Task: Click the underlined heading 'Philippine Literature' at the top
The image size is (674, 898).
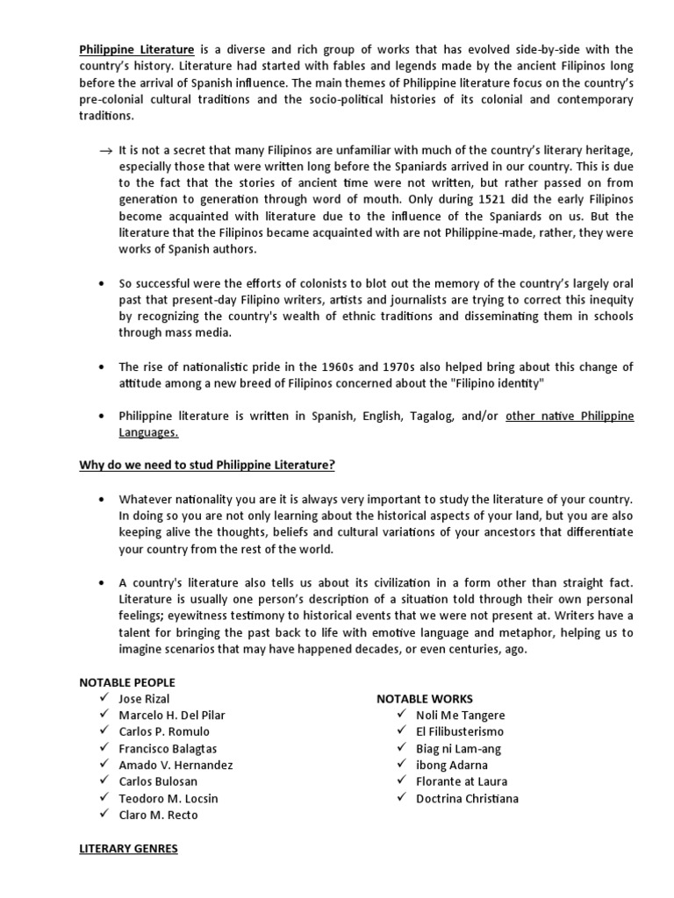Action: tap(136, 49)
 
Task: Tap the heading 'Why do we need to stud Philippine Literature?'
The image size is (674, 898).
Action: tap(207, 465)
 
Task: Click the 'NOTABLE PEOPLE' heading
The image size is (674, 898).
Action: tap(127, 682)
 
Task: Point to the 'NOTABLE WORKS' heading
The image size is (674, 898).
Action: tap(425, 699)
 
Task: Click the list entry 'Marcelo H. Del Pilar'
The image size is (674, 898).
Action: tap(171, 716)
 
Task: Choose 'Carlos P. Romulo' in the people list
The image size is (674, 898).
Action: tap(164, 732)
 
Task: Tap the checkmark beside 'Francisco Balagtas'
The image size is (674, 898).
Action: tap(104, 748)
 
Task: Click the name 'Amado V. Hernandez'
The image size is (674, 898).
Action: tap(176, 765)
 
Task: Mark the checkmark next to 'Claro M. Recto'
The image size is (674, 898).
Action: tap(104, 815)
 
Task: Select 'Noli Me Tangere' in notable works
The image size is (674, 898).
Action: tap(460, 716)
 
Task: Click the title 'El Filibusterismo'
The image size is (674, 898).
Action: tap(460, 731)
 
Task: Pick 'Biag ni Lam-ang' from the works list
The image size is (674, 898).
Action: tap(458, 749)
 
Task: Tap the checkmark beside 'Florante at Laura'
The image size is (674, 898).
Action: tap(401, 781)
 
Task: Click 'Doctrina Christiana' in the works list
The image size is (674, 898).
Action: tap(467, 798)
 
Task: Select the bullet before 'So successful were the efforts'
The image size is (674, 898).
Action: tap(104, 284)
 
